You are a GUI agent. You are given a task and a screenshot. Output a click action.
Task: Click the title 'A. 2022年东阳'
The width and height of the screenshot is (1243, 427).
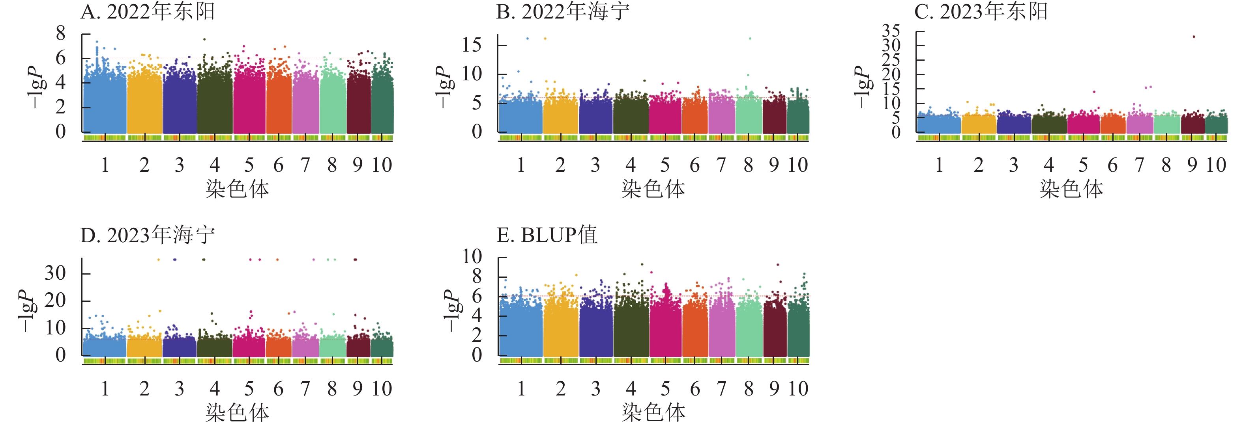147,11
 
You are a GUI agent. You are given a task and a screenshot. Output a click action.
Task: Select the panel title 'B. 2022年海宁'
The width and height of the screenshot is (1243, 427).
563,11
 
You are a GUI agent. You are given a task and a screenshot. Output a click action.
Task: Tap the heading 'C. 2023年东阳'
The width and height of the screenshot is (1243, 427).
981,11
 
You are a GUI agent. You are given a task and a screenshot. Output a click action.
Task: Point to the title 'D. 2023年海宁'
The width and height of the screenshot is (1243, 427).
147,235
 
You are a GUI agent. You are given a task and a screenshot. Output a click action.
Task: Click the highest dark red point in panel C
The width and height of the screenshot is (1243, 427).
1194,37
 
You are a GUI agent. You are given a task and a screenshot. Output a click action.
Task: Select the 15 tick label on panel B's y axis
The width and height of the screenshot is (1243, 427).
472,45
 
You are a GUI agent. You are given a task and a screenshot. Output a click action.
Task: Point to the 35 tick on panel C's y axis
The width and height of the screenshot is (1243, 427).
891,31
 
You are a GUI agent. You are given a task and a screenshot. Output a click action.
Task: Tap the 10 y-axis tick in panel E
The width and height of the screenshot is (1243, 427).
472,256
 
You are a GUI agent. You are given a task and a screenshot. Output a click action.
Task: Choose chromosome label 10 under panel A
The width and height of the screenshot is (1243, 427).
382,165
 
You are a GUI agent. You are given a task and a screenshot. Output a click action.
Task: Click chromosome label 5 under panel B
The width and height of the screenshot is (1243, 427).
665,165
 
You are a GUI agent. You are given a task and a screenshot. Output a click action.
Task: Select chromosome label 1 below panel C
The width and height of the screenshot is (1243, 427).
939,165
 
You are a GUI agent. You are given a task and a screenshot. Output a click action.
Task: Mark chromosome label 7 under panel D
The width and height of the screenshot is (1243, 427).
305,389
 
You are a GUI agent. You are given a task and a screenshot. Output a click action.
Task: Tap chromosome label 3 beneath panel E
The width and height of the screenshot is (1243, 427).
595,389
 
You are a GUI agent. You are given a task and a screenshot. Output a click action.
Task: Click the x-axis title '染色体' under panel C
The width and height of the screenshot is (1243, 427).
1071,189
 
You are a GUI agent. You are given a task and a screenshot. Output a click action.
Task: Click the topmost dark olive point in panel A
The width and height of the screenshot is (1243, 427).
204,39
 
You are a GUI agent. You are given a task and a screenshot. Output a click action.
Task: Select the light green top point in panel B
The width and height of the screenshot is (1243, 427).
750,39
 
